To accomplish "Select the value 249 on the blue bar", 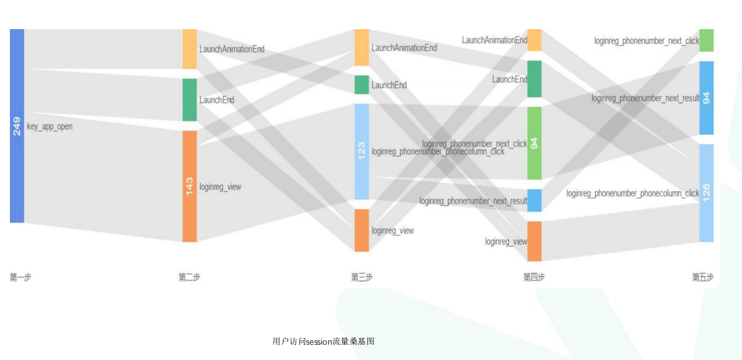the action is coord(17,126).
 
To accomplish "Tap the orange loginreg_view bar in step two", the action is coord(189,216).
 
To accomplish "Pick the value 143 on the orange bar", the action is coord(189,186).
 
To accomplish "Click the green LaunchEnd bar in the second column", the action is coord(189,100).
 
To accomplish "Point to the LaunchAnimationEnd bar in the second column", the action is coord(189,49).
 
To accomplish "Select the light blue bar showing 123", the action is coord(362,151).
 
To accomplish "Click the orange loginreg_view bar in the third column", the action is coord(362,230).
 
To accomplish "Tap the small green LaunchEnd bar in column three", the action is coord(362,84).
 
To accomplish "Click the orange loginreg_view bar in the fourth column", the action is coord(534,241).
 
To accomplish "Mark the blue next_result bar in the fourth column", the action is coord(534,200).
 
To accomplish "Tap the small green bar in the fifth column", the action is coord(706,40).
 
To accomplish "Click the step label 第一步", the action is coord(20,277).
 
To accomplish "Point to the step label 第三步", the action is coord(362,277).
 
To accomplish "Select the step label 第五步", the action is coord(703,277).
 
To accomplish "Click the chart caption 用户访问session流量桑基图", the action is coord(323,341).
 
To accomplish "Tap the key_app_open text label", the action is coord(50,126).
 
